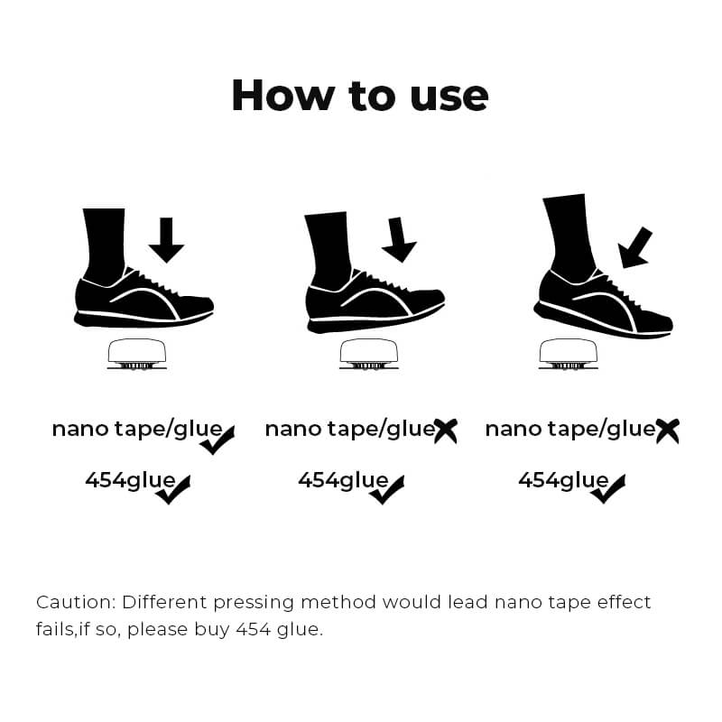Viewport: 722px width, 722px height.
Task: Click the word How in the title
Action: coord(282,96)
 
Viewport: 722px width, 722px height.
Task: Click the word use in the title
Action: coord(449,98)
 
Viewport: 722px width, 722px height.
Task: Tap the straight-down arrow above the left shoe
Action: coord(166,240)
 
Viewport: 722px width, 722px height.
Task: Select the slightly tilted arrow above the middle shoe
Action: coord(399,239)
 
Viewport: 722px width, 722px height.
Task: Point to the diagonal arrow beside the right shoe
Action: coord(634,247)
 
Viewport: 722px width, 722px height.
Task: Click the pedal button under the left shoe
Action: coord(137,354)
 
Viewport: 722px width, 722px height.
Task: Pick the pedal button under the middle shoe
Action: coord(369,354)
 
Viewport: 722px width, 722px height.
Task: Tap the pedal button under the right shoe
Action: coord(569,354)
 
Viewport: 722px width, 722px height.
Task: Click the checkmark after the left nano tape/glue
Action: coord(217,440)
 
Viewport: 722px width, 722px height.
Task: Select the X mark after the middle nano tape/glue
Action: coord(446,431)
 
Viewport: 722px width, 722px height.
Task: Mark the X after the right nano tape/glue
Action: coord(668,431)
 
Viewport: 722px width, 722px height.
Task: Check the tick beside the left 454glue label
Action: coord(172,490)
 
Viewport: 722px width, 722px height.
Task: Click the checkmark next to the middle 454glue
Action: coord(387,490)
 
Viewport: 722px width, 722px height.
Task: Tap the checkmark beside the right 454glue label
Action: coord(607,489)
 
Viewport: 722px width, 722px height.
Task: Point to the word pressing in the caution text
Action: coord(254,604)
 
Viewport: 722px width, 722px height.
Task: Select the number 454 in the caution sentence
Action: coord(254,629)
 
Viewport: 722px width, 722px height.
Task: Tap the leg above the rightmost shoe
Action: coord(568,235)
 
